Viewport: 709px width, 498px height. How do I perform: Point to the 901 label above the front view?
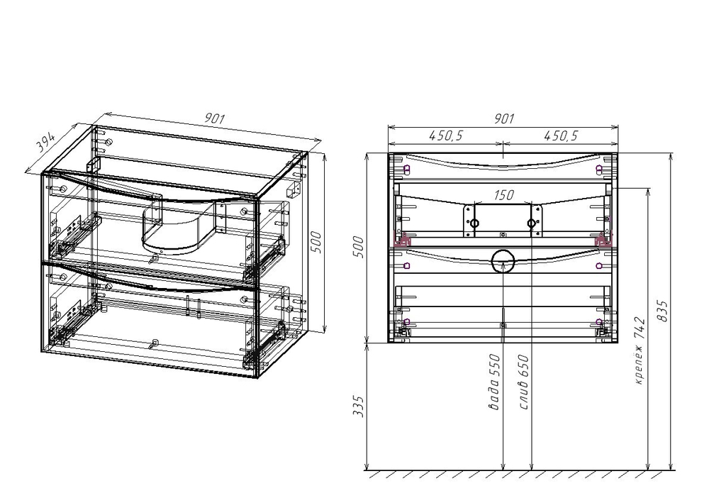click(x=502, y=119)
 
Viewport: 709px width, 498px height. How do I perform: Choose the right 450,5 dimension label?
click(x=561, y=135)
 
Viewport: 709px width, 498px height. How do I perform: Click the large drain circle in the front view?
click(x=503, y=261)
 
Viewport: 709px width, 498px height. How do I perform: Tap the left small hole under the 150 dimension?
click(x=474, y=224)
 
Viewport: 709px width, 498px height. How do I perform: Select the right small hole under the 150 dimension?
click(x=532, y=224)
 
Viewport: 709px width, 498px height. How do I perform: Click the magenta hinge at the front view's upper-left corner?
click(x=406, y=170)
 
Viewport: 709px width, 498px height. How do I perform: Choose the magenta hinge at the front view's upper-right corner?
click(x=600, y=170)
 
